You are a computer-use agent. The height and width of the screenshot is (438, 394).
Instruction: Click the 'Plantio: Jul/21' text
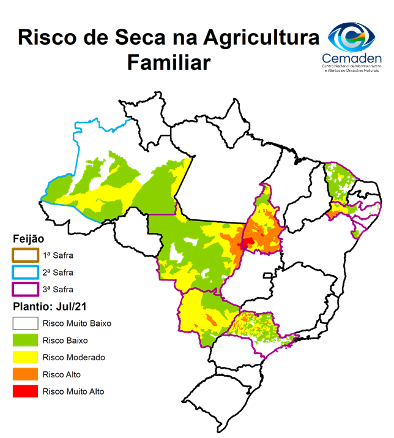(51, 306)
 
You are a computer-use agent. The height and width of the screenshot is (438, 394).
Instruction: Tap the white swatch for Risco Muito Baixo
(25, 323)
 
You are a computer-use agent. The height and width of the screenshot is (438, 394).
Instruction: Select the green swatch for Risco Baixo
(25, 340)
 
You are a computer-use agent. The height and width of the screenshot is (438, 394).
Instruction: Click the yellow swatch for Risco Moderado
(25, 357)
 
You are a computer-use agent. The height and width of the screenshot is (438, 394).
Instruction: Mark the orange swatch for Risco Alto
(25, 374)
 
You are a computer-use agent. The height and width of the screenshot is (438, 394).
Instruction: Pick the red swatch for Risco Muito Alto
(25, 391)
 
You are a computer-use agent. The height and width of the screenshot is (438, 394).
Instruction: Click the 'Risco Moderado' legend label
(74, 357)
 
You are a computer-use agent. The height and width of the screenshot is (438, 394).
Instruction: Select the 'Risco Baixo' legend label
(66, 340)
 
